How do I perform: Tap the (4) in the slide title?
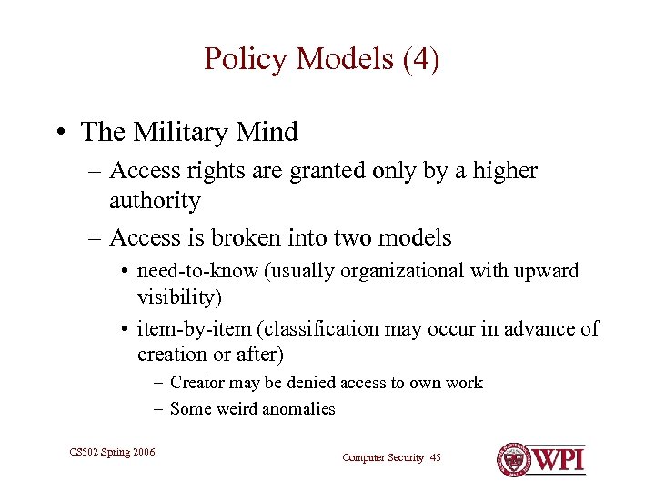[x=419, y=60]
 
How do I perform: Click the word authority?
[x=154, y=199]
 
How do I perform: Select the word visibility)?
[x=179, y=297]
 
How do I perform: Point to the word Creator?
[x=197, y=383]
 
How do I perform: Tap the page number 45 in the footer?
[x=434, y=457]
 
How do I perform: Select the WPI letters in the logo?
[x=559, y=458]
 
